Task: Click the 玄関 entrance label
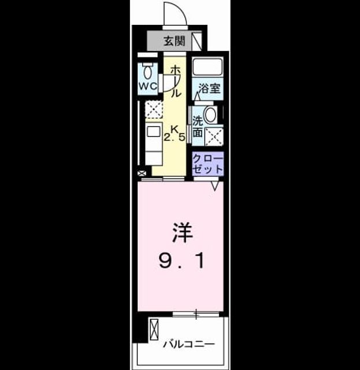(x=175, y=41)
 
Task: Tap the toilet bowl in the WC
(x=148, y=71)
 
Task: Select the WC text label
(x=148, y=86)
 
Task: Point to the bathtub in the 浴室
(x=207, y=66)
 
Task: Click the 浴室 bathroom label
(x=210, y=88)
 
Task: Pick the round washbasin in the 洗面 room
(x=210, y=115)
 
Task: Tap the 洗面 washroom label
(x=198, y=127)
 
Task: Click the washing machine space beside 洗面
(x=214, y=136)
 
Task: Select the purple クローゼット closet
(x=207, y=164)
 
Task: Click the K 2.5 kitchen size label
(x=175, y=133)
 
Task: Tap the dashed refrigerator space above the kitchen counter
(x=154, y=109)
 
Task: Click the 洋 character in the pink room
(x=183, y=232)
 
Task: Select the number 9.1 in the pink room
(x=181, y=261)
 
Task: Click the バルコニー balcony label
(x=189, y=345)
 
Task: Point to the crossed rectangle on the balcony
(x=154, y=330)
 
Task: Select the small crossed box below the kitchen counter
(x=142, y=173)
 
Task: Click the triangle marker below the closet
(x=215, y=186)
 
